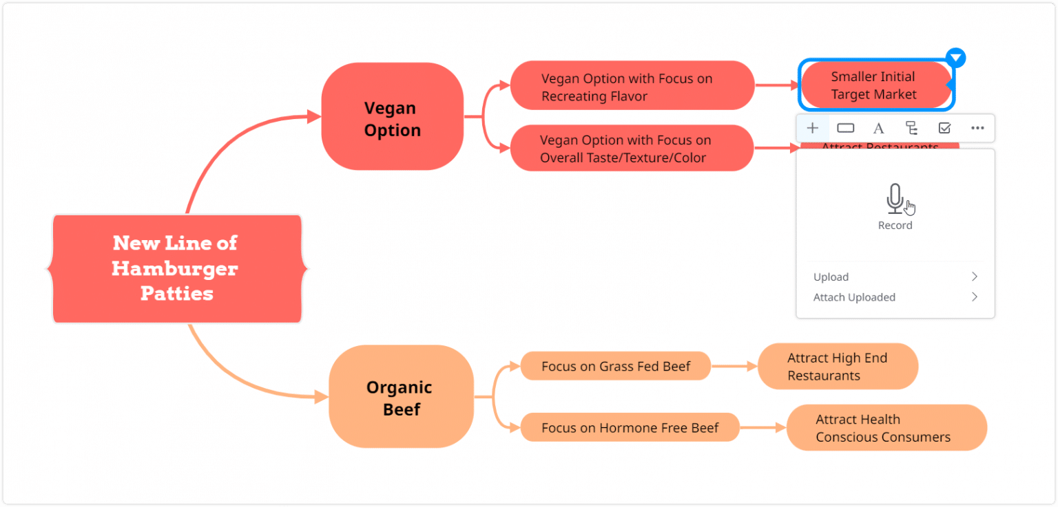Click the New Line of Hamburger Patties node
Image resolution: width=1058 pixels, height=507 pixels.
click(176, 268)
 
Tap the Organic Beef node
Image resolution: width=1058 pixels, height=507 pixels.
click(400, 398)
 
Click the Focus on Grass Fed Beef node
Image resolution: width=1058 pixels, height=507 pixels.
click(615, 366)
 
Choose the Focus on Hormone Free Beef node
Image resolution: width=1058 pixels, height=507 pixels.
click(630, 428)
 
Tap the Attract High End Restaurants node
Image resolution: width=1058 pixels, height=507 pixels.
click(837, 367)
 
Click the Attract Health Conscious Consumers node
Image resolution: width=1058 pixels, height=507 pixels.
click(886, 428)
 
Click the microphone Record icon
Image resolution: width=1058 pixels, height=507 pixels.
click(895, 199)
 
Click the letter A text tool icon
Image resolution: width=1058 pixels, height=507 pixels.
click(878, 128)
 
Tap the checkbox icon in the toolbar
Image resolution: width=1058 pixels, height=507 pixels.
click(944, 128)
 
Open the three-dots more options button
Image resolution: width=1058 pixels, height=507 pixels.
click(977, 128)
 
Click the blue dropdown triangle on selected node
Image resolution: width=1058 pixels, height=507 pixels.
click(955, 58)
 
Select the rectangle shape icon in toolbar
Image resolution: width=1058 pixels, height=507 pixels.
click(845, 128)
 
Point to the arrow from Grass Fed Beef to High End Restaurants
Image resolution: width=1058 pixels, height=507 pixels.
click(734, 367)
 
